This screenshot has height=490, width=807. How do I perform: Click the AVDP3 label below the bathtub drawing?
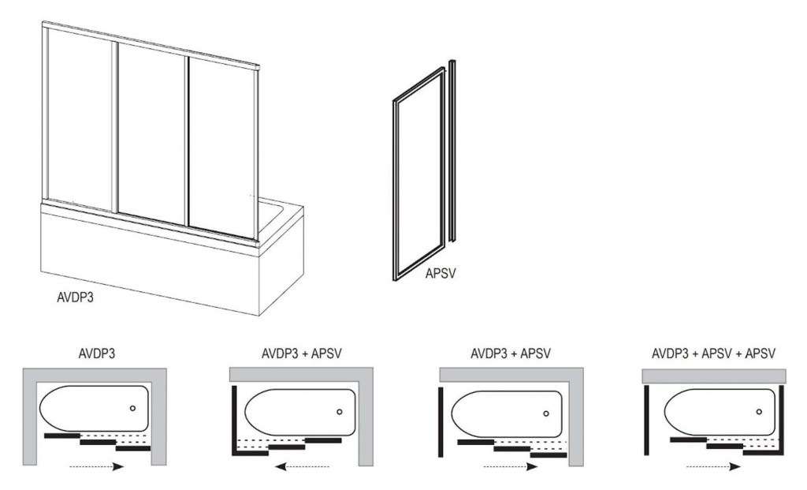click(x=75, y=297)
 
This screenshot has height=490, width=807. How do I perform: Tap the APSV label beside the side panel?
click(x=441, y=274)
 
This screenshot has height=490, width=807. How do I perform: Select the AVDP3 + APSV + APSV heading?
click(x=713, y=353)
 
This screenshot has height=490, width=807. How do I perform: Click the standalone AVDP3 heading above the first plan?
click(x=97, y=353)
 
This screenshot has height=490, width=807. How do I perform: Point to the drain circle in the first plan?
click(x=132, y=408)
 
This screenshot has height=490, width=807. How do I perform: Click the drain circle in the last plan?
click(x=759, y=412)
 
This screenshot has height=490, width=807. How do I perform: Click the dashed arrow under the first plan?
click(x=97, y=467)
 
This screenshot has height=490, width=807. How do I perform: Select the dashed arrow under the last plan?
click(x=714, y=467)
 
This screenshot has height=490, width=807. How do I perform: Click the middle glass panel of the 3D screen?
click(x=151, y=132)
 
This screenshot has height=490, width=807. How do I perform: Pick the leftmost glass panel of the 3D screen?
click(x=80, y=118)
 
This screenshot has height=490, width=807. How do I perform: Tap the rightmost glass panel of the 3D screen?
click(x=221, y=148)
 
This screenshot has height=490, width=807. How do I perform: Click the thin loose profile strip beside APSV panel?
click(x=452, y=151)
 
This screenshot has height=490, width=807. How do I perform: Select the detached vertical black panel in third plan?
click(x=441, y=421)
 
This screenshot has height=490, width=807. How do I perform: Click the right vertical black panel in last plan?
click(x=781, y=420)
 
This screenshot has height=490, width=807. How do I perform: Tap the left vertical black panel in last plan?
click(x=646, y=420)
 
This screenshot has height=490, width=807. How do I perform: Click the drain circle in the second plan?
click(x=339, y=412)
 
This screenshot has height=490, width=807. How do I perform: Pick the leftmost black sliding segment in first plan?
click(x=62, y=436)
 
